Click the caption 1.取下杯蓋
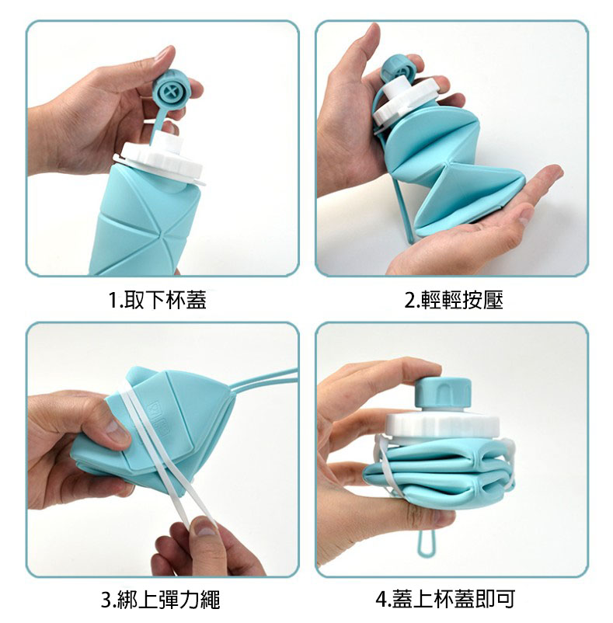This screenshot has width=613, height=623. coord(157,300)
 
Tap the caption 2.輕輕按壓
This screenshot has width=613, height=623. coord(454,300)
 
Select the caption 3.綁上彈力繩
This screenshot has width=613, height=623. coord(161,600)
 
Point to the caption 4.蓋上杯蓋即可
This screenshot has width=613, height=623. coord(445,600)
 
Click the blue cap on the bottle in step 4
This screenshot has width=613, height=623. coord(443,395)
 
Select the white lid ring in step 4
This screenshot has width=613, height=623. coord(442,427)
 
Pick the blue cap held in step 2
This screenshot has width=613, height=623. coord(399,71)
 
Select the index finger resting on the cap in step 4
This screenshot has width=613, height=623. coord(397,371)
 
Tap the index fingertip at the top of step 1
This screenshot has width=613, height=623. coord(167,54)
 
